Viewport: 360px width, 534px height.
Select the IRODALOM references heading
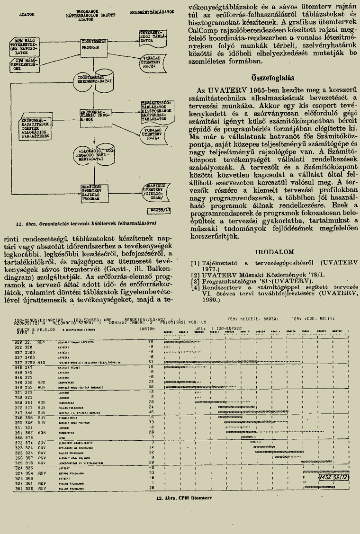(x=275, y=251)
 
